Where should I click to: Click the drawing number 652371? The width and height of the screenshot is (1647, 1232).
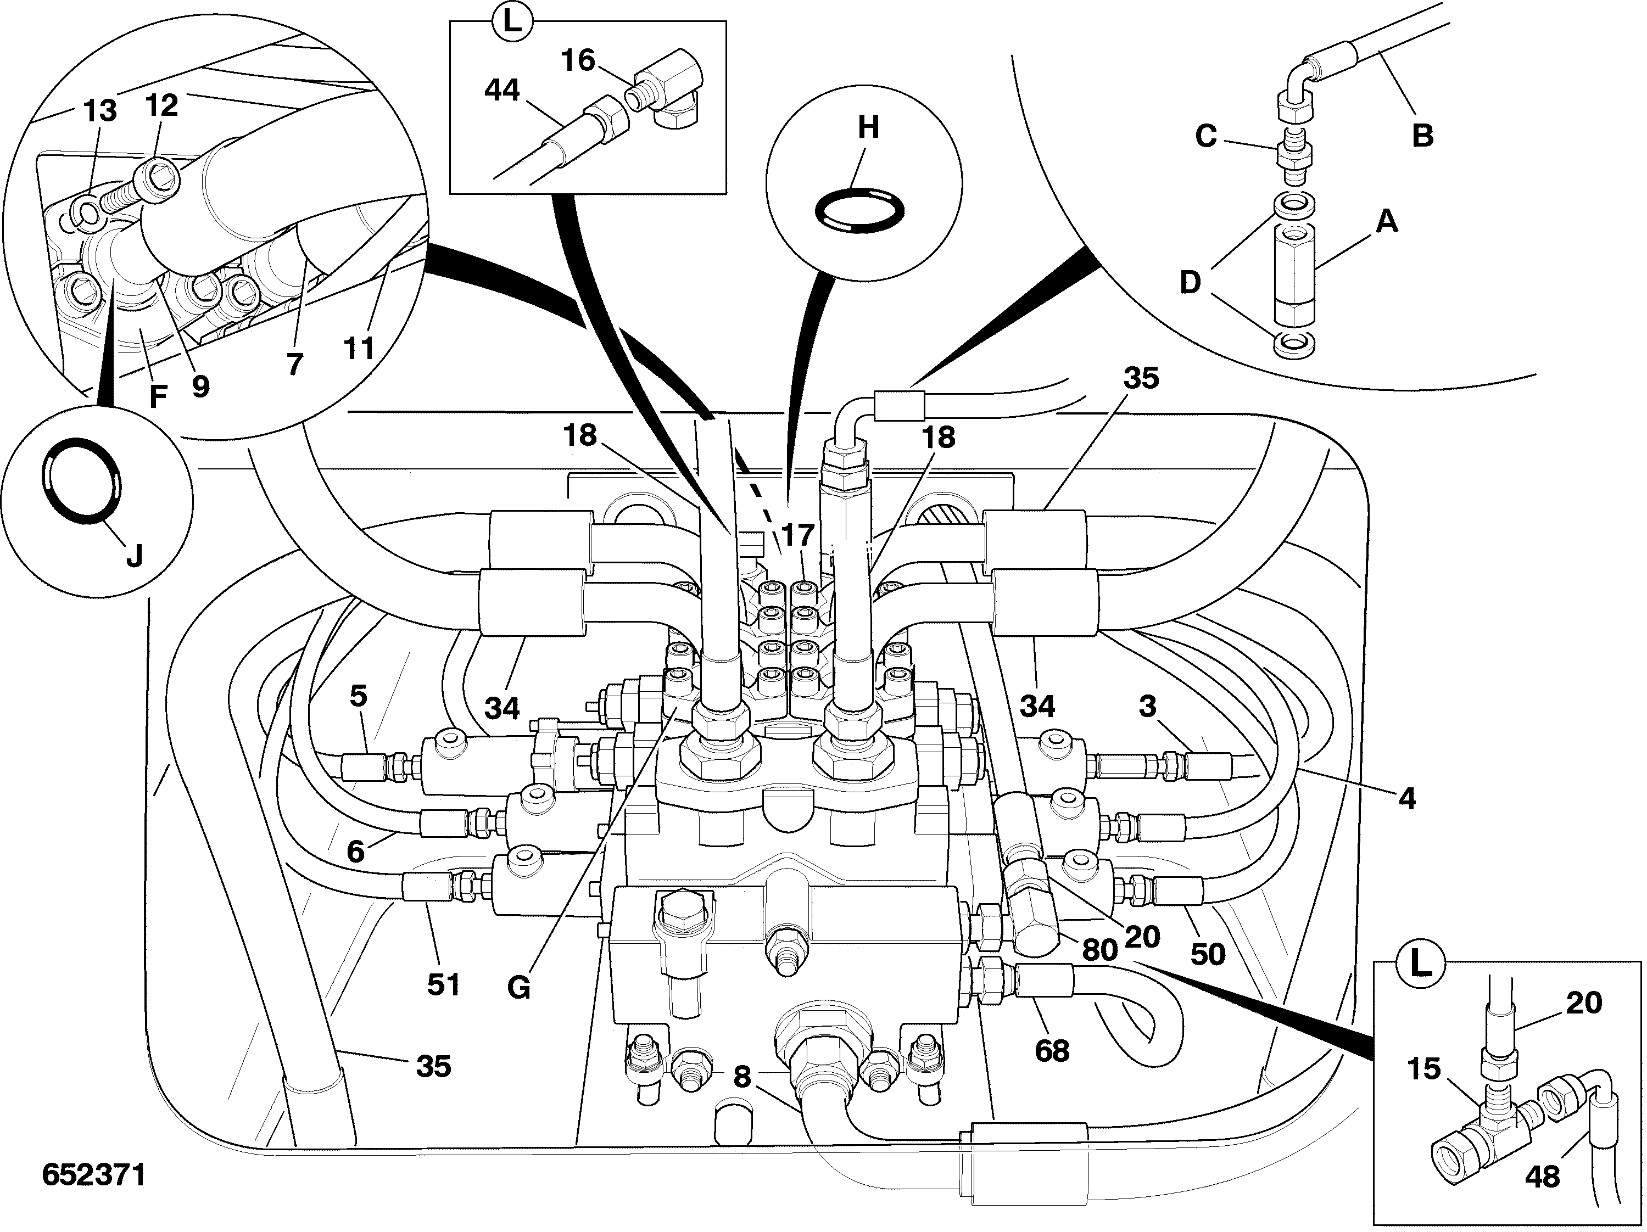click(94, 1175)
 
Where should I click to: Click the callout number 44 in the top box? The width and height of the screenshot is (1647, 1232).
click(502, 90)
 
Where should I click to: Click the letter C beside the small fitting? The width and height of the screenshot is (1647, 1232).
click(1205, 136)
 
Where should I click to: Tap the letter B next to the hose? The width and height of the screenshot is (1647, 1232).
click(1422, 136)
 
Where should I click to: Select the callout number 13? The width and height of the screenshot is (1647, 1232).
click(100, 111)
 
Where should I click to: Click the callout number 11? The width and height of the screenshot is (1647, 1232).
click(359, 348)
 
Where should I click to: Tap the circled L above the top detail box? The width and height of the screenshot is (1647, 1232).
click(511, 21)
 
